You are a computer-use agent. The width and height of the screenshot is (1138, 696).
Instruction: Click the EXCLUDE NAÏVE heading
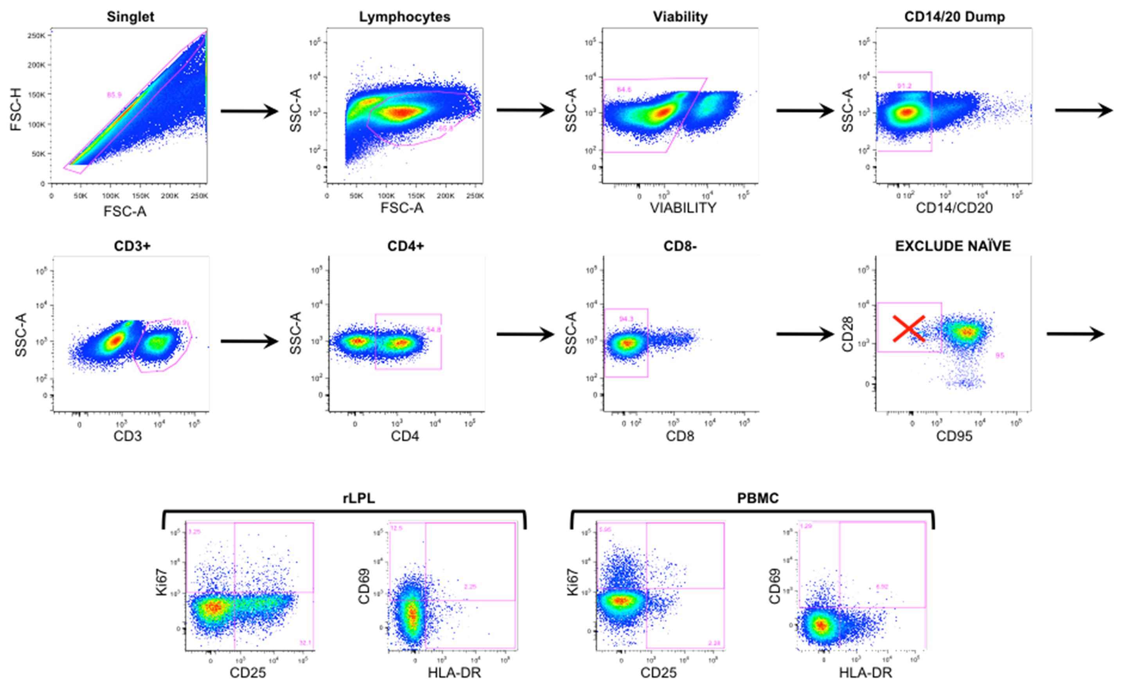click(x=953, y=246)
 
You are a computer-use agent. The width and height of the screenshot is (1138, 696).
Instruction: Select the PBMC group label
click(x=757, y=498)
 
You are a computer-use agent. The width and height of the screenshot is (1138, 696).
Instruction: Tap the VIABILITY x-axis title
click(x=683, y=208)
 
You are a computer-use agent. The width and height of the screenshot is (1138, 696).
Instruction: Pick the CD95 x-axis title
click(x=954, y=436)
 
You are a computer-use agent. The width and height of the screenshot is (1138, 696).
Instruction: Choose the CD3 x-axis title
click(x=128, y=436)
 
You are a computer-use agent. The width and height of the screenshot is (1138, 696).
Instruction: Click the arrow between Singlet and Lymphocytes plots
click(x=250, y=111)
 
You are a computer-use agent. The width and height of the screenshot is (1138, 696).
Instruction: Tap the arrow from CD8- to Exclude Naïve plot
click(x=805, y=334)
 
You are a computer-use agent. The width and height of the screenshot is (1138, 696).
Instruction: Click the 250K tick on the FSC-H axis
click(x=36, y=36)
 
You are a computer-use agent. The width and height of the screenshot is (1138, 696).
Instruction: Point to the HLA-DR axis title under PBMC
click(x=865, y=673)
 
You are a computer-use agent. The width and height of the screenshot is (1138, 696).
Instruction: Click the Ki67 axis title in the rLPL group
click(x=162, y=583)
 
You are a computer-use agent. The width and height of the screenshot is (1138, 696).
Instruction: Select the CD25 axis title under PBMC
click(x=658, y=673)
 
